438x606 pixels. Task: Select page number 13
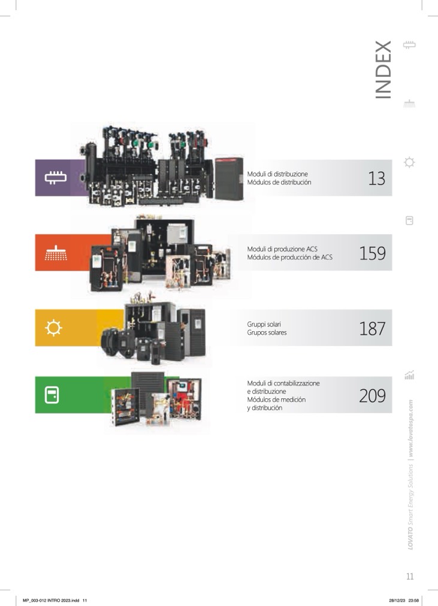click(x=376, y=178)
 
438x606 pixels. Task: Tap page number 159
click(x=372, y=253)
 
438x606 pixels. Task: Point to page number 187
click(x=372, y=328)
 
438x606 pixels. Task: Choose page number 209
click(x=372, y=395)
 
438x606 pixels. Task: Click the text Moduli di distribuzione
click(x=277, y=174)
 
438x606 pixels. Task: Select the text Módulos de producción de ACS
click(x=289, y=257)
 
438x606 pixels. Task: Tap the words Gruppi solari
click(x=264, y=324)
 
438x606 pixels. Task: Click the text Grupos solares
click(x=267, y=332)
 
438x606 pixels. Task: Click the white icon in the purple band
click(x=53, y=178)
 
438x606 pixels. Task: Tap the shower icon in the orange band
click(x=53, y=253)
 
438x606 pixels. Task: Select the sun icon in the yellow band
click(x=53, y=328)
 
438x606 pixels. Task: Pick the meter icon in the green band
click(x=53, y=395)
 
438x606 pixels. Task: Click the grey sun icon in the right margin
click(x=409, y=162)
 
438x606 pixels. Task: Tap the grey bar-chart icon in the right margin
click(x=410, y=376)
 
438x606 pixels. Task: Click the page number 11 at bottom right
click(x=410, y=577)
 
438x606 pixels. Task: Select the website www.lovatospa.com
click(x=410, y=429)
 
